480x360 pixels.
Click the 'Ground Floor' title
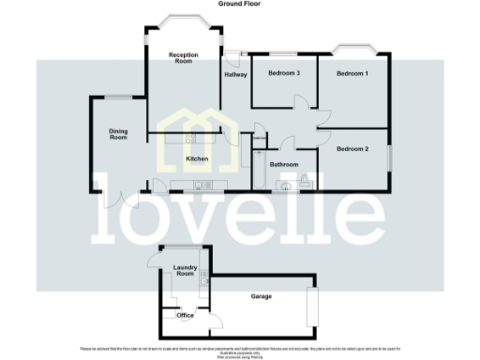pyautogui.click(x=239, y=5)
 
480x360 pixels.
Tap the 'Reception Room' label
pyautogui.click(x=181, y=59)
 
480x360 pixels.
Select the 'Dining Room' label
pyautogui.click(x=117, y=133)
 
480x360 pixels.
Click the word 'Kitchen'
pyautogui.click(x=196, y=159)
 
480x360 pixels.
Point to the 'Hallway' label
pyautogui.click(x=235, y=75)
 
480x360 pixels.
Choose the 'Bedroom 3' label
pyautogui.click(x=283, y=73)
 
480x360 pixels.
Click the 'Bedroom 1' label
pyautogui.click(x=353, y=73)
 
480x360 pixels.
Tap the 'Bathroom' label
pyautogui.click(x=283, y=164)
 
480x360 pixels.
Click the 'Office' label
pyautogui.click(x=185, y=316)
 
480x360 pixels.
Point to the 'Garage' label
pyautogui.click(x=261, y=296)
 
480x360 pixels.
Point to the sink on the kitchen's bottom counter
pyautogui.click(x=200, y=186)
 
